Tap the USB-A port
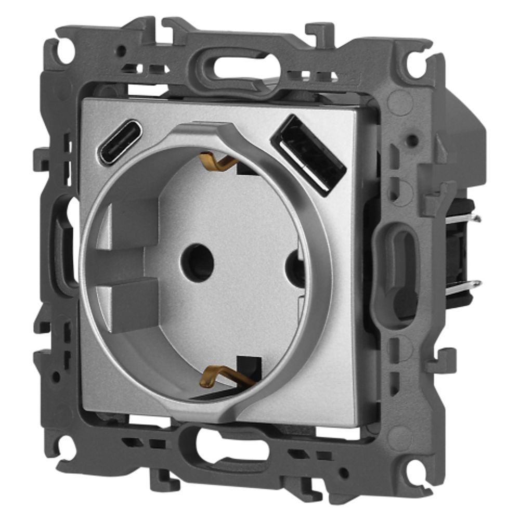click(308, 154)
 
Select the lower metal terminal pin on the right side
click(463, 284)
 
